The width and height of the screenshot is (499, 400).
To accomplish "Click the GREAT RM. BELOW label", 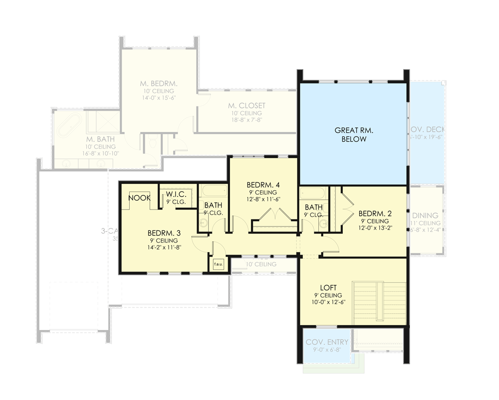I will point(354,135).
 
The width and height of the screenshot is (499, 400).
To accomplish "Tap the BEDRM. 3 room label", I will point(160,233).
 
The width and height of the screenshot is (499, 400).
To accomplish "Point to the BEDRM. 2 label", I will point(373,213).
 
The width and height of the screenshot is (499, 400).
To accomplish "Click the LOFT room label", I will point(328,287).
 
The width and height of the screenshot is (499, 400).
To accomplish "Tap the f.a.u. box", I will point(219,264).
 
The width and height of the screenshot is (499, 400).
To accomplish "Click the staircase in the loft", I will point(379,303).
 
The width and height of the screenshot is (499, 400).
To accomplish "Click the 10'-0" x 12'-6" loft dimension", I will point(328,302).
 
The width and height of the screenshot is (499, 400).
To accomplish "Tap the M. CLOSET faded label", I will point(247,106).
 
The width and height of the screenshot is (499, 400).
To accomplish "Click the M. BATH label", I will point(100,139).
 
